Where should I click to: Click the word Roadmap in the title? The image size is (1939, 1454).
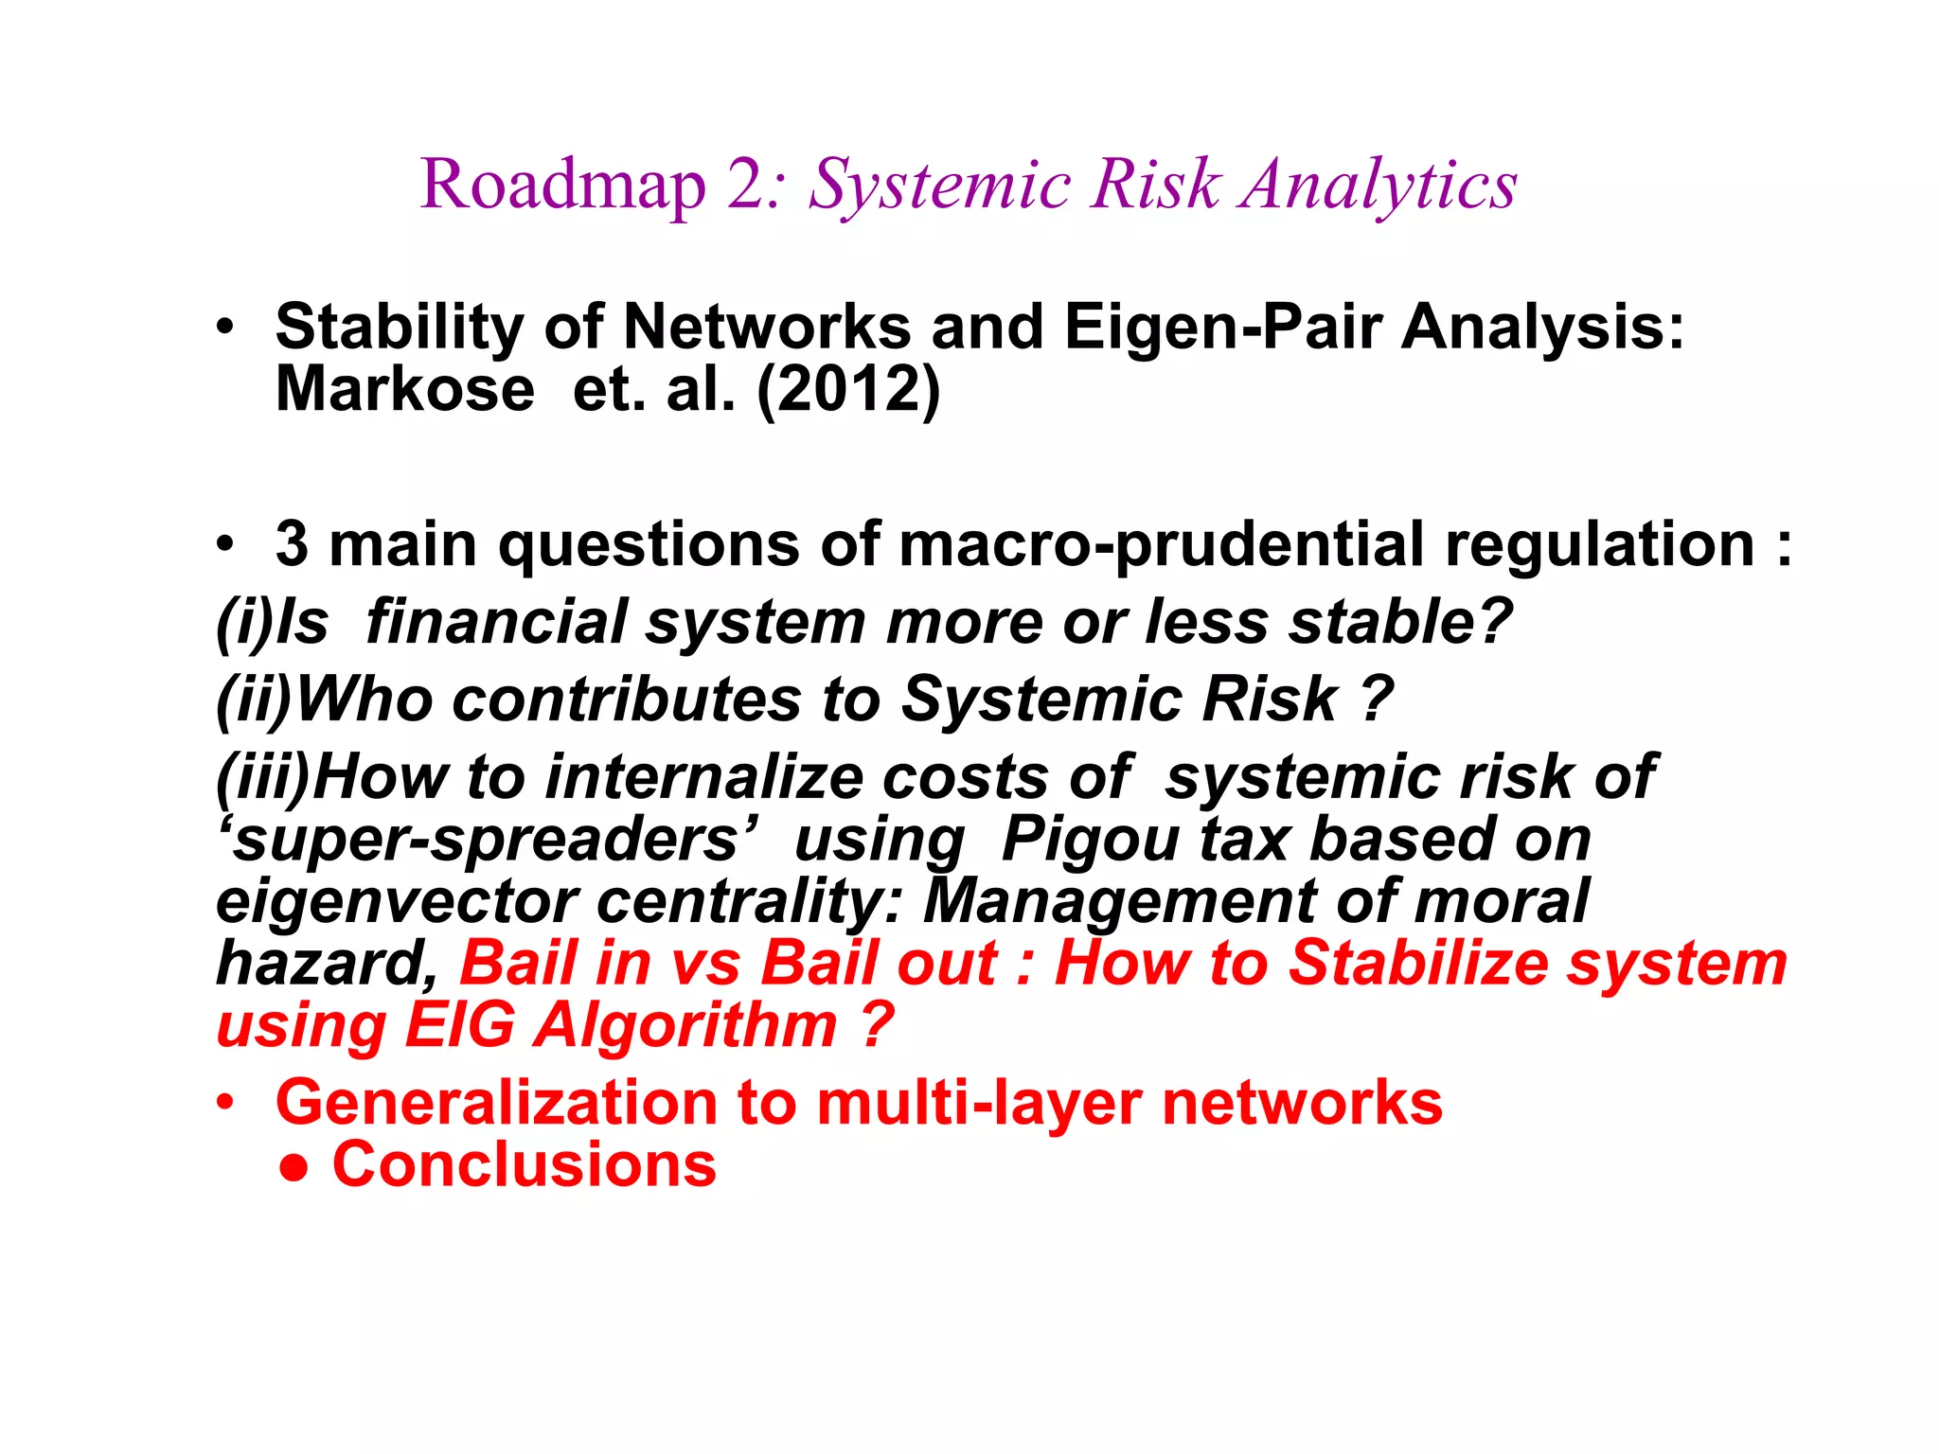tap(562, 185)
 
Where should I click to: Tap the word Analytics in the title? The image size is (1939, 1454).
tap(1379, 185)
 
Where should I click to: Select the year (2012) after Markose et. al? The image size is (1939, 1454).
tap(848, 389)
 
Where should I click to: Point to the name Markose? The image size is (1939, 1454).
tap(404, 389)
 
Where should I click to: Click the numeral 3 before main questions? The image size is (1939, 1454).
tap(292, 545)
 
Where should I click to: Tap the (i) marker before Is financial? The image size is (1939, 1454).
tap(243, 623)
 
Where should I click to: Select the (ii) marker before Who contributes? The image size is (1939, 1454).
tap(254, 700)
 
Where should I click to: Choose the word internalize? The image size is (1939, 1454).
tap(703, 778)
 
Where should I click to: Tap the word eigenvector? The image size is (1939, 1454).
tap(396, 902)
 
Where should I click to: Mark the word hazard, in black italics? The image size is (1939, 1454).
tap(327, 964)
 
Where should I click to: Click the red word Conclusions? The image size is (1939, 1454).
tap(524, 1165)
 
